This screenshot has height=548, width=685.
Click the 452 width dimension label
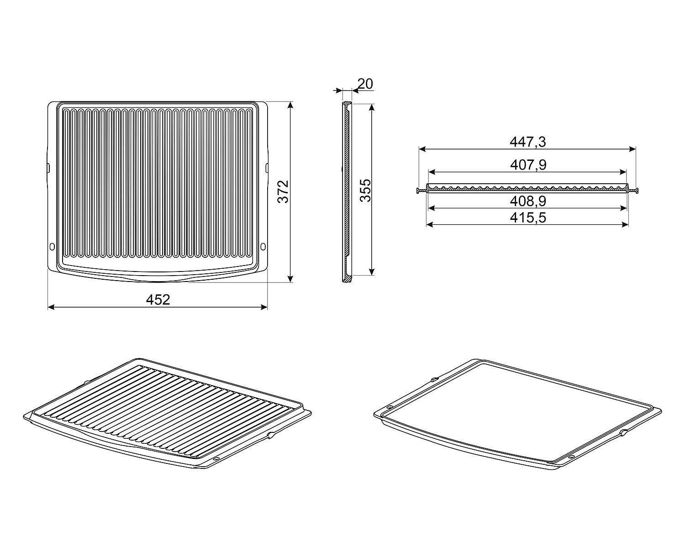pos(158,299)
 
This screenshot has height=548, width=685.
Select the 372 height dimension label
pos(283,192)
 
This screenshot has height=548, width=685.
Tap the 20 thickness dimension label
pos(365,84)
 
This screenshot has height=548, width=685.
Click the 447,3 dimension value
pos(528,142)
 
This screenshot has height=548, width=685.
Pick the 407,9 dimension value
pos(528,165)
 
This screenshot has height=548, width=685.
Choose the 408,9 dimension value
pos(528,201)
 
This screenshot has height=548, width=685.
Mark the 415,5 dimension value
pos(528,218)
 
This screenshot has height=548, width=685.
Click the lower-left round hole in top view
pos(52,246)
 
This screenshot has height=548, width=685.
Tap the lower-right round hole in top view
pos(263,246)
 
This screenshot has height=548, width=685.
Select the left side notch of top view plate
pos(48,168)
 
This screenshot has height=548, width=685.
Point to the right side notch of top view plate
pos(267,168)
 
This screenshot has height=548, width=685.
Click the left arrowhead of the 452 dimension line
pos(51,307)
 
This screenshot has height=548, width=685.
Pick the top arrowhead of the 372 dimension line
pos(290,105)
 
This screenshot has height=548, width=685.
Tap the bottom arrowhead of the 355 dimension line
pos(371,271)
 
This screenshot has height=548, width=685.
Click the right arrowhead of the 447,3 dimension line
pos(632,149)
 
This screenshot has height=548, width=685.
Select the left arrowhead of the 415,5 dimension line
pos(430,224)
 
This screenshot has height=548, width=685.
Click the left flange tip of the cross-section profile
pos(417,191)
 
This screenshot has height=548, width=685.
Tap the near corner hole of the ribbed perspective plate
pos(216,458)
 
